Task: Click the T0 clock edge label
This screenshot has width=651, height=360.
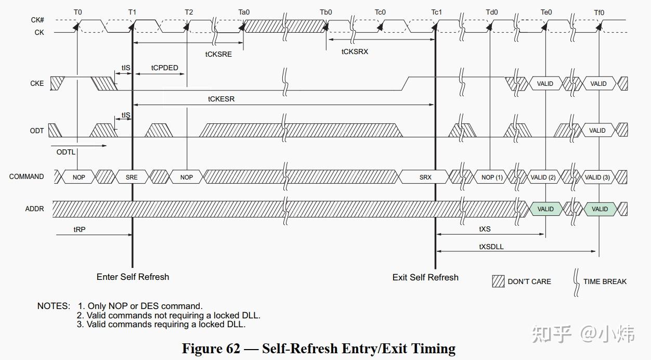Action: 77,12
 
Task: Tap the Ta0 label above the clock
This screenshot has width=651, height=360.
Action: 244,12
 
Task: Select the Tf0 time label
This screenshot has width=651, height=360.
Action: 599,12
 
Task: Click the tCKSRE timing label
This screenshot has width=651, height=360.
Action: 218,55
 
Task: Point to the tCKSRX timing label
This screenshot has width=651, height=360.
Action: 355,52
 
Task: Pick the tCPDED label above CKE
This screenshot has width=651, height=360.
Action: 164,68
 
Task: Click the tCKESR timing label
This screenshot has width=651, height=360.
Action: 221,99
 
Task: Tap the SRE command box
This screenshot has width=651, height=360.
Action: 132,177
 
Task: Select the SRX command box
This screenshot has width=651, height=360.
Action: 425,177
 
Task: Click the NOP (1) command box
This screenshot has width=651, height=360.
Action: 492,177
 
